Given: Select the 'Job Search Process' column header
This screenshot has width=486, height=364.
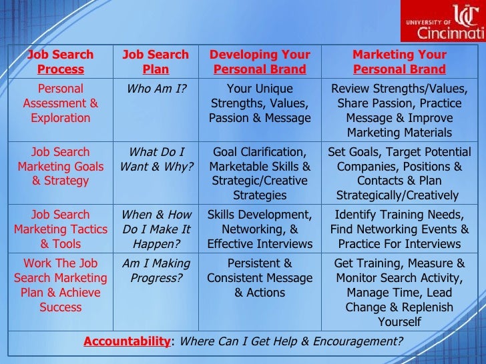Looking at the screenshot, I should tap(60, 62).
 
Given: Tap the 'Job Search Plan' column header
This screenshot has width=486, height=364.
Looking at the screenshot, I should tap(156, 62).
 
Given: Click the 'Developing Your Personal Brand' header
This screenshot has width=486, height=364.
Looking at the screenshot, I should tap(260, 62).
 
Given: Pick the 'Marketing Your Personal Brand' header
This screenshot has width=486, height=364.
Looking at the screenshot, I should tap(399, 62).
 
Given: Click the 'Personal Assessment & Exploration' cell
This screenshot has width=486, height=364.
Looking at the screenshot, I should tap(60, 103).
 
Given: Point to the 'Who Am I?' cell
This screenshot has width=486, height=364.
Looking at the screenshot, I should tap(156, 89).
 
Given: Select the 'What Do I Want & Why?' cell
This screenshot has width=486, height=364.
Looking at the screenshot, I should tap(156, 159).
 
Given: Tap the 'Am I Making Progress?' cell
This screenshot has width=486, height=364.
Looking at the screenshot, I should tap(156, 271).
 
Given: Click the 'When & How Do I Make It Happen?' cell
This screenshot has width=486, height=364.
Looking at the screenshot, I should tap(156, 229).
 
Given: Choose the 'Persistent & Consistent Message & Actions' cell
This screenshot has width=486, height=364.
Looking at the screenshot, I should tap(260, 278).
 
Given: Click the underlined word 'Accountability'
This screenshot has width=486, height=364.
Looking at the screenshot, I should tap(127, 342).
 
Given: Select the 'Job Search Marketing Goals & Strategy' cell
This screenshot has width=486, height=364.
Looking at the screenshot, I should tap(60, 166).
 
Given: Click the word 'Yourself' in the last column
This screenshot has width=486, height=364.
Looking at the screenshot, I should tap(399, 322).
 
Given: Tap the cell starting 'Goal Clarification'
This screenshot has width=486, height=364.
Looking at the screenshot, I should tap(260, 173).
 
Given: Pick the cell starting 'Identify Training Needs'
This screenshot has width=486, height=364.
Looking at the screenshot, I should tap(399, 229).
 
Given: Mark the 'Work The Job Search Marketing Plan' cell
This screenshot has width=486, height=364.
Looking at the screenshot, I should tap(60, 285).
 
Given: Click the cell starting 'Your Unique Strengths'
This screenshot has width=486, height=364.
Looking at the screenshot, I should tap(260, 103).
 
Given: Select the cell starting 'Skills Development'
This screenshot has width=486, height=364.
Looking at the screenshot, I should tap(260, 229).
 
